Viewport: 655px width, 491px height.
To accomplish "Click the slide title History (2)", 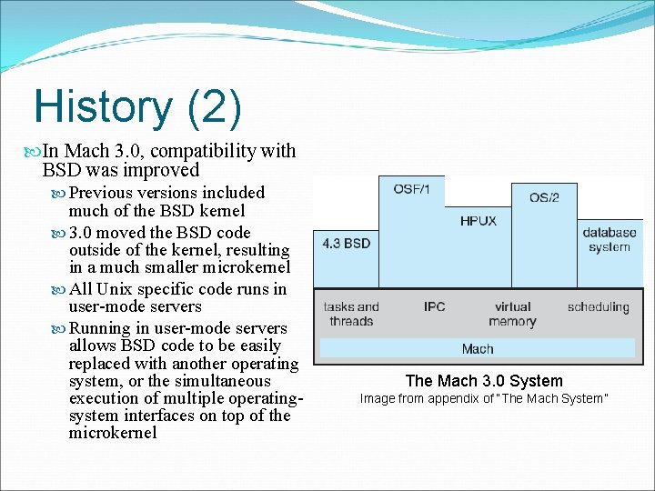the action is [x=137, y=107].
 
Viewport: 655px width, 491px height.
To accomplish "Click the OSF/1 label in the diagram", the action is [x=412, y=188].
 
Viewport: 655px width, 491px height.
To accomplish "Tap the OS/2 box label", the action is [x=543, y=197].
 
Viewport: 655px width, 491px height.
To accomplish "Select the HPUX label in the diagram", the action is [x=478, y=221].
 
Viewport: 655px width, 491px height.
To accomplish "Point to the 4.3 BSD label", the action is [x=346, y=244].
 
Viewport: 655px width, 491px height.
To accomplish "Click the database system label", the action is [x=610, y=240].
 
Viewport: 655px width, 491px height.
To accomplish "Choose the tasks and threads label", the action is [x=351, y=314].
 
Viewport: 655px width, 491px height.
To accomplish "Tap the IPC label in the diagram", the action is [x=434, y=306].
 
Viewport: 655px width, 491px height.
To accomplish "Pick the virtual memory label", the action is [x=512, y=314].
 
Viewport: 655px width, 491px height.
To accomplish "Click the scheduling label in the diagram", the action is [x=598, y=306].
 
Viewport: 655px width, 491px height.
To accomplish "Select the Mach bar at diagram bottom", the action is [x=478, y=348].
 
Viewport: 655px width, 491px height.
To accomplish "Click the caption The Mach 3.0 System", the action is [x=484, y=381].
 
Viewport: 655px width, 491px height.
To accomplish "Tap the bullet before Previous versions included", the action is [x=61, y=193].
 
